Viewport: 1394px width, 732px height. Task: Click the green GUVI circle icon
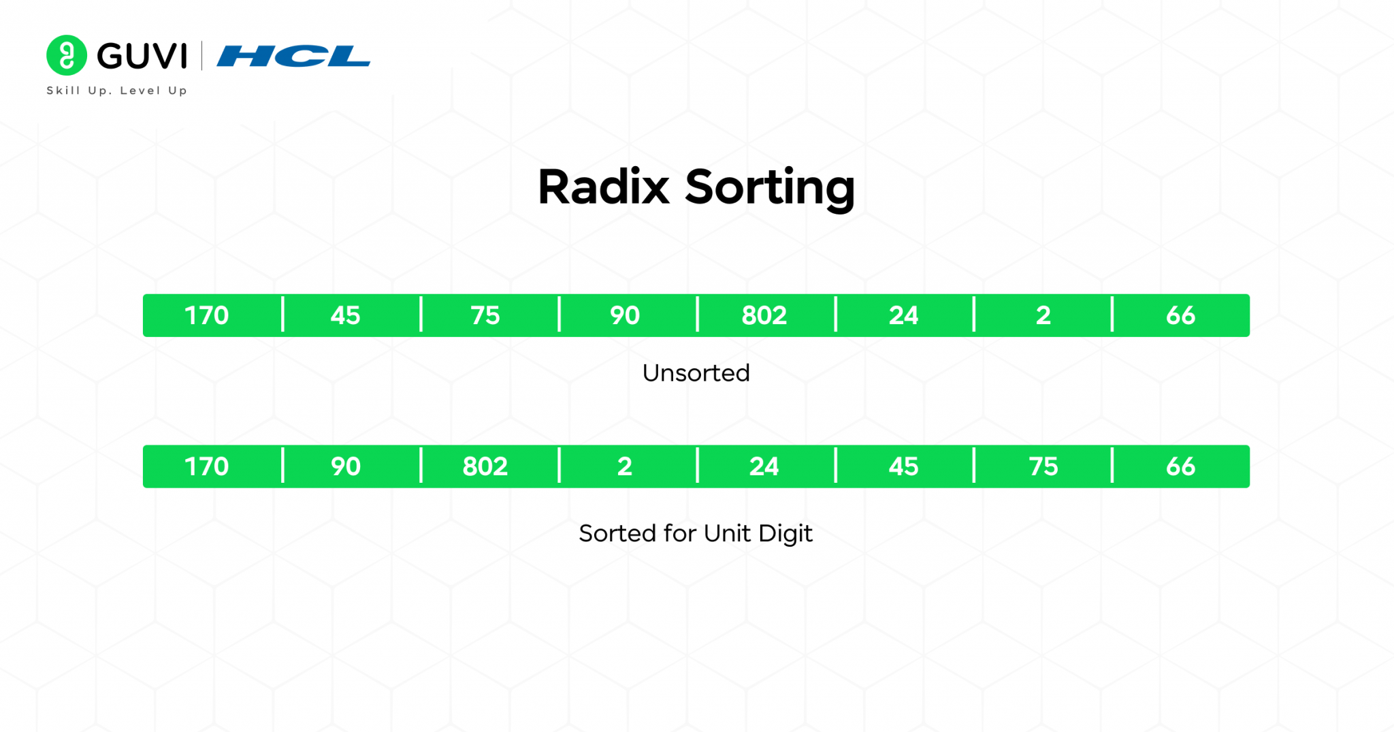tap(67, 55)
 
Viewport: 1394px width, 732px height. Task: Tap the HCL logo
tap(294, 56)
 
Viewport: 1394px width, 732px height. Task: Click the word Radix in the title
tap(604, 187)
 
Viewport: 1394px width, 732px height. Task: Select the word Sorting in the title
tap(770, 189)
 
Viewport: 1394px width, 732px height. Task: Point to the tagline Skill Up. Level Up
tap(117, 91)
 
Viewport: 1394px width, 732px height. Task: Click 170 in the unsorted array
tap(207, 315)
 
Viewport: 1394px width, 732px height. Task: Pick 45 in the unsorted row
tap(345, 315)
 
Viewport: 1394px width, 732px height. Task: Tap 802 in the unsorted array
tap(764, 315)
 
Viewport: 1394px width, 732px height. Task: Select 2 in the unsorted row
tap(1043, 315)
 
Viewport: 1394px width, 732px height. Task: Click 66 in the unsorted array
tap(1181, 315)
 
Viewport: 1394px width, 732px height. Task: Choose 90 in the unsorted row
tap(625, 315)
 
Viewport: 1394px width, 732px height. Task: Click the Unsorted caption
tap(696, 373)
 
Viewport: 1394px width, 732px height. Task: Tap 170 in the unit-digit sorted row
tap(207, 466)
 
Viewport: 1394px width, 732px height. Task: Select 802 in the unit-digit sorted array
tap(485, 466)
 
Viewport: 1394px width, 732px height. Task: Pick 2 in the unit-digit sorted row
tap(625, 466)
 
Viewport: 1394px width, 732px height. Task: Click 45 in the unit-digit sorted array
tap(904, 466)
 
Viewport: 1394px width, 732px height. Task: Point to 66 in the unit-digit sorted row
tap(1181, 466)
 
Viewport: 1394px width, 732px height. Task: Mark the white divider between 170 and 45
tap(282, 315)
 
